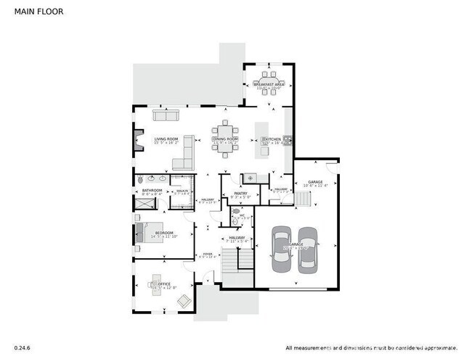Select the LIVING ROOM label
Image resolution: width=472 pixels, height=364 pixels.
pos(166,139)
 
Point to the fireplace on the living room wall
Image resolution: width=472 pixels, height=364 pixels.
pos(136,140)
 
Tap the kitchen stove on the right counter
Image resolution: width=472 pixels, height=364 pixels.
pos(288,139)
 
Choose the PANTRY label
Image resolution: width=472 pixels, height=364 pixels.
pos(240,194)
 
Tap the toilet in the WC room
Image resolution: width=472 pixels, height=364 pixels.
pos(236,212)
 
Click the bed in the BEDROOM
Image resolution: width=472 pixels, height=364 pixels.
pos(145,233)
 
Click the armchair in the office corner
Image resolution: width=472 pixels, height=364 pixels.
pos(184,300)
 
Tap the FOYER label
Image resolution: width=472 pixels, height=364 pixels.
pos(208,254)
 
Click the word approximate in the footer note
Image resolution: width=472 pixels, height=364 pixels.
pos(440,347)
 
